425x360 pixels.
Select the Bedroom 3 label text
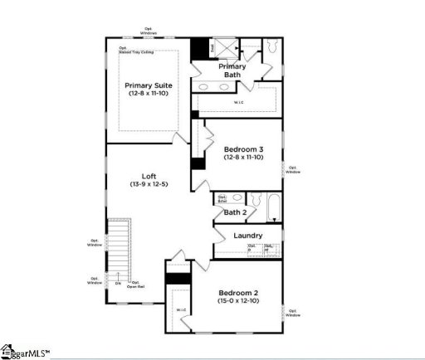242,149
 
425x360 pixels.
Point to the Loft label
149,176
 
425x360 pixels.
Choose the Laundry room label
248,236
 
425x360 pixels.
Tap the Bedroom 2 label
238,293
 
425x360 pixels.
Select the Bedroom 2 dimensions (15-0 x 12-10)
238,302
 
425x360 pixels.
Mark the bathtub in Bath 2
266,205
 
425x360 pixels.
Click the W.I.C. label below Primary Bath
238,103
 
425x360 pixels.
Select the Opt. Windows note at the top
149,32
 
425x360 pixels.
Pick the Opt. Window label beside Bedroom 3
293,170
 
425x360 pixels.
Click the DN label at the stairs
118,283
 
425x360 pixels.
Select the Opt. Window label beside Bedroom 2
293,313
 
